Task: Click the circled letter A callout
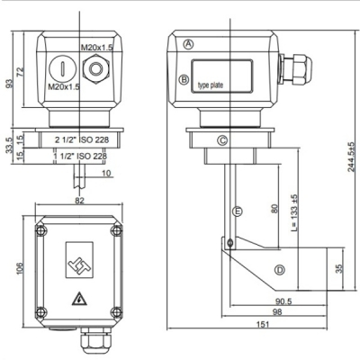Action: click(x=188, y=44)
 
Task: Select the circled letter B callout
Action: click(x=184, y=80)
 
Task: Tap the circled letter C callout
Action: click(x=222, y=140)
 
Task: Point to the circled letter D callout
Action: click(x=280, y=270)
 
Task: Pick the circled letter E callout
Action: click(x=238, y=211)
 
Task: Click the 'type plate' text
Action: click(x=211, y=85)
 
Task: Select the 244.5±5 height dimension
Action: click(x=351, y=156)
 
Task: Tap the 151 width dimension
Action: click(x=263, y=324)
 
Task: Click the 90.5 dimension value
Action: click(x=283, y=301)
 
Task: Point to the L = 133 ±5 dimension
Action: click(x=294, y=212)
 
